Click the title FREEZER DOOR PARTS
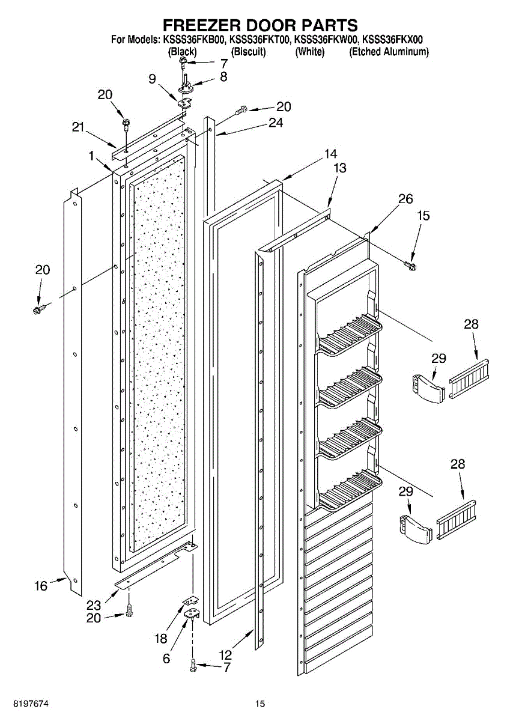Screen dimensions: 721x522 [261, 25]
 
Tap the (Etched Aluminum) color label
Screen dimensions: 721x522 [389, 52]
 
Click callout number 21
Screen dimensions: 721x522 [77, 127]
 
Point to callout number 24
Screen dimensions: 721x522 [275, 123]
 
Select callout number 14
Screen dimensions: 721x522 [330, 154]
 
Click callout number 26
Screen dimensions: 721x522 [405, 199]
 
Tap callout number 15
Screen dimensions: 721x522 [423, 216]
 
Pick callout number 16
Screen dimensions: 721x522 [41, 585]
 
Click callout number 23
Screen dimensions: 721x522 [94, 606]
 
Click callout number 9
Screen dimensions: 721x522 [152, 79]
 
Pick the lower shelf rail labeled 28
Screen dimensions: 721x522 [458, 520]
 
